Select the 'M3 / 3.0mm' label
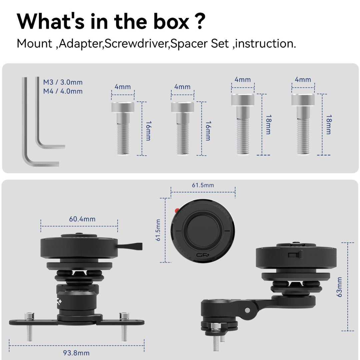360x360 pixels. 63,82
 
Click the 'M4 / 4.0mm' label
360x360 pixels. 63,91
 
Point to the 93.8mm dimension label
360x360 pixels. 76,353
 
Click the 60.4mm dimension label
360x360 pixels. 82,219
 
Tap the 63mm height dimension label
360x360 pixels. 339,287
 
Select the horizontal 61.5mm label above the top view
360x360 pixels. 203,185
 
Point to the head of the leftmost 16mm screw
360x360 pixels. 123,107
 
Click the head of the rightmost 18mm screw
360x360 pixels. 303,100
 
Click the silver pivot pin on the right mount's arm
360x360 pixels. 247,310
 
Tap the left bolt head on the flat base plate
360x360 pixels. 29,316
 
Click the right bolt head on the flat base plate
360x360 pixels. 124,316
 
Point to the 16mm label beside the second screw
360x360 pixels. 208,131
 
